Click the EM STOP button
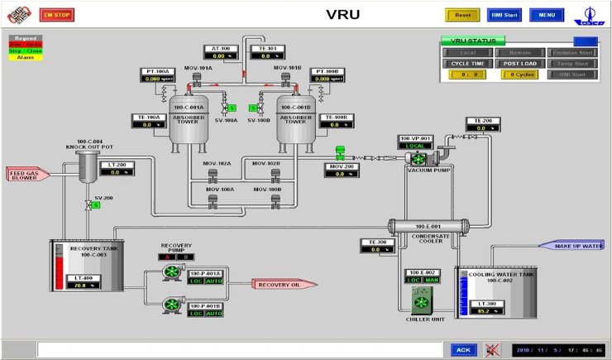click(x=56, y=15)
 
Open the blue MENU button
click(x=547, y=15)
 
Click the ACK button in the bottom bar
click(x=463, y=349)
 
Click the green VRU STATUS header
click(x=472, y=40)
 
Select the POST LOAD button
click(x=520, y=63)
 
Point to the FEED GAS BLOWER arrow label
click(x=28, y=174)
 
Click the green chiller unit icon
click(x=422, y=300)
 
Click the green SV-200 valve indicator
click(x=96, y=204)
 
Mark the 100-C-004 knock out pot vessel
click(x=88, y=168)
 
